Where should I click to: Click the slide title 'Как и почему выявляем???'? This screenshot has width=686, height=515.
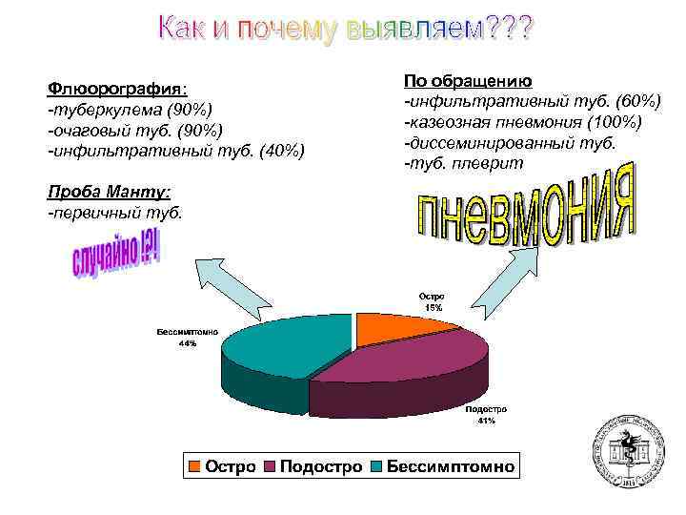tap(346, 31)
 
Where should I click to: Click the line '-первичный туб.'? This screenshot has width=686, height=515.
tap(113, 212)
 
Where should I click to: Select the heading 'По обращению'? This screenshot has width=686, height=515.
tap(468, 81)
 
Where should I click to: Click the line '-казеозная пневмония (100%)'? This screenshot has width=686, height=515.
tap(523, 122)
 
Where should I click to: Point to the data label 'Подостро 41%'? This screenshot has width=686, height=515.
tap(486, 415)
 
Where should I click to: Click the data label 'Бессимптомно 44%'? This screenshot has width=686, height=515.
tap(187, 338)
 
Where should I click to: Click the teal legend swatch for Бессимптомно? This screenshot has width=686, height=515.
tap(375, 466)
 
